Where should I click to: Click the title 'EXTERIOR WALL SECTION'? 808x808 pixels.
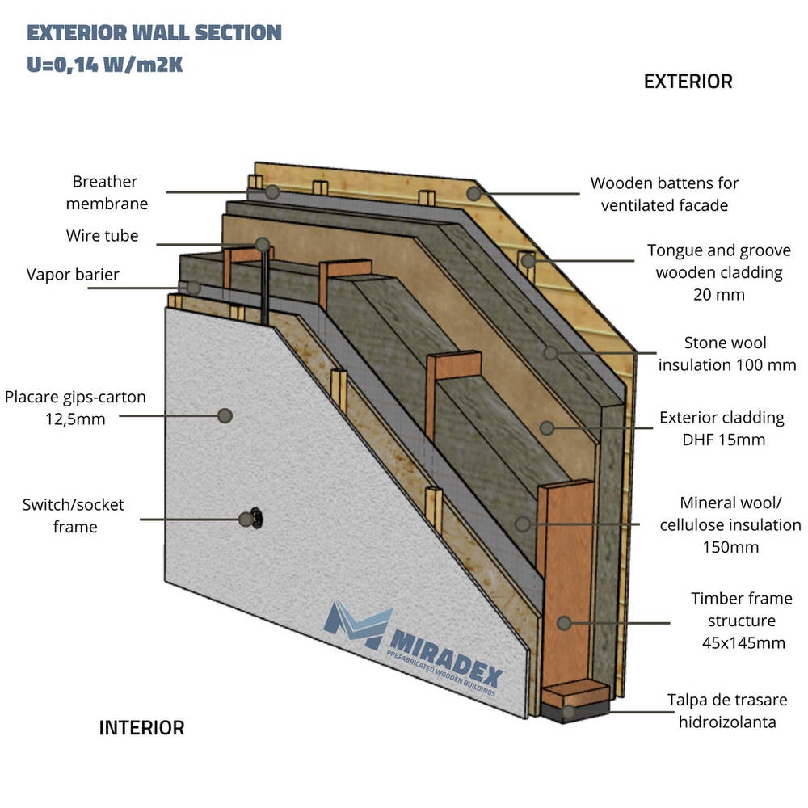tap(154, 33)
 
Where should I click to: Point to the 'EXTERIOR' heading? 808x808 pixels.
tap(688, 82)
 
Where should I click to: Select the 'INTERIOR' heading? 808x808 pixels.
tap(141, 728)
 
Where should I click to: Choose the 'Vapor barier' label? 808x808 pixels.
tap(72, 275)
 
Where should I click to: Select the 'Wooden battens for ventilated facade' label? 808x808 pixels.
tap(664, 195)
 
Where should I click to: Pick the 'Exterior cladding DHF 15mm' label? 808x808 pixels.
tap(722, 428)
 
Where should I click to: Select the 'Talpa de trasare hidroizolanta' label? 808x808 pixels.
tap(727, 710)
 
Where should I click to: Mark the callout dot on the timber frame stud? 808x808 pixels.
tap(564, 623)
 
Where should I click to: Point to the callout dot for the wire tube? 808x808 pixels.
tap(262, 244)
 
